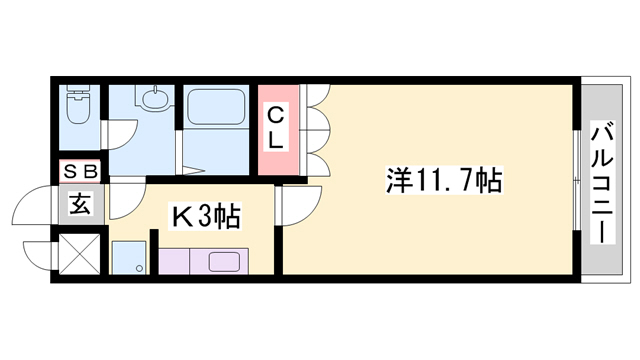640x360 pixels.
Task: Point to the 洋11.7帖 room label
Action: coord(444,181)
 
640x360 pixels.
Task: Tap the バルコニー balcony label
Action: coord(603,181)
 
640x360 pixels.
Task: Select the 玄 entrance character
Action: coord(80,206)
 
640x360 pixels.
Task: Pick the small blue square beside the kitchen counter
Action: coord(127,259)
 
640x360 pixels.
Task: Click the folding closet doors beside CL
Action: coord(316,130)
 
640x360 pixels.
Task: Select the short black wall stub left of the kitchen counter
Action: coord(154,251)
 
